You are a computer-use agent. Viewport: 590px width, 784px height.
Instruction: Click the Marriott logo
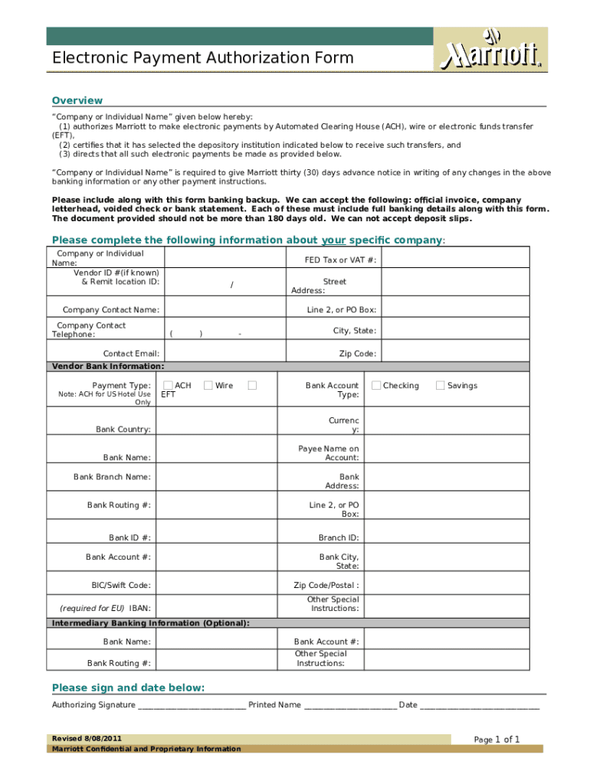tap(491, 50)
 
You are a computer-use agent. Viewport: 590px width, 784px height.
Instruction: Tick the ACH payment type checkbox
tap(168, 385)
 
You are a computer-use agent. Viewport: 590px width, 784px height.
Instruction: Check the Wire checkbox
tap(208, 385)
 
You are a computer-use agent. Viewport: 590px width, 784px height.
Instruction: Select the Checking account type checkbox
tap(375, 385)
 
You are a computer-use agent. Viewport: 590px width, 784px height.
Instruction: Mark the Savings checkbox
tap(440, 385)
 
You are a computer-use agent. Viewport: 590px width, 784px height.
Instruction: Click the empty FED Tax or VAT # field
tap(455, 260)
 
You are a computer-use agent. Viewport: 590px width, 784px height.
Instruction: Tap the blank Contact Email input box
tap(223, 353)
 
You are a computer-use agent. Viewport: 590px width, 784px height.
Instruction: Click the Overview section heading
tap(77, 100)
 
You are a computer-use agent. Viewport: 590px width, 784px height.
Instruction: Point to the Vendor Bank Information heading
tap(107, 366)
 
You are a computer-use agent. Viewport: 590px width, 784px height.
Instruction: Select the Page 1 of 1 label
tap(497, 740)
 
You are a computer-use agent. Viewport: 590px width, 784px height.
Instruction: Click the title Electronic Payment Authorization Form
tap(203, 58)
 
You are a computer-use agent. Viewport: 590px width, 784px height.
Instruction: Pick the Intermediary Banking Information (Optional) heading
tap(150, 622)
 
